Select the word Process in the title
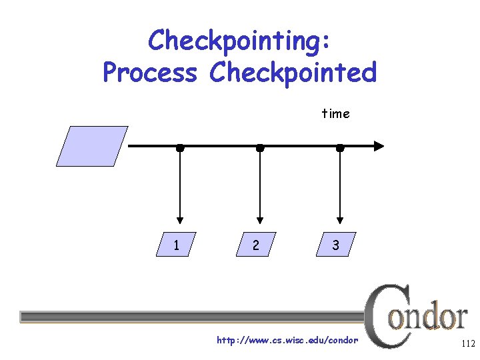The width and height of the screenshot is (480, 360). pyautogui.click(x=150, y=72)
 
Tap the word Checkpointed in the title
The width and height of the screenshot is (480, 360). pyautogui.click(x=293, y=72)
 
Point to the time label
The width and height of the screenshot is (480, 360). pyautogui.click(x=335, y=113)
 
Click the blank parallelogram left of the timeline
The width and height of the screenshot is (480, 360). pyautogui.click(x=92, y=146)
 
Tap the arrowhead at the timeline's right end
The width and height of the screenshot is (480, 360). pyautogui.click(x=379, y=146)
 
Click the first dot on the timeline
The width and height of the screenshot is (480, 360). pyautogui.click(x=180, y=147)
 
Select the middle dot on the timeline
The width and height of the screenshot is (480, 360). pyautogui.click(x=260, y=147)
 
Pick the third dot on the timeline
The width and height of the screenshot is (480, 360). pyautogui.click(x=340, y=147)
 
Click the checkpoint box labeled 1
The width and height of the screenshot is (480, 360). pyautogui.click(x=176, y=245)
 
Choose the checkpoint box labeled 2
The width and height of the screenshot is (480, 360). pyautogui.click(x=256, y=245)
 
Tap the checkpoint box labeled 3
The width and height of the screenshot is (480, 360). pyautogui.click(x=336, y=245)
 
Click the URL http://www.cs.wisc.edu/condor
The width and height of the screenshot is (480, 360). pyautogui.click(x=287, y=341)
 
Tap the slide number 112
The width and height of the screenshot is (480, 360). pyautogui.click(x=467, y=344)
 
